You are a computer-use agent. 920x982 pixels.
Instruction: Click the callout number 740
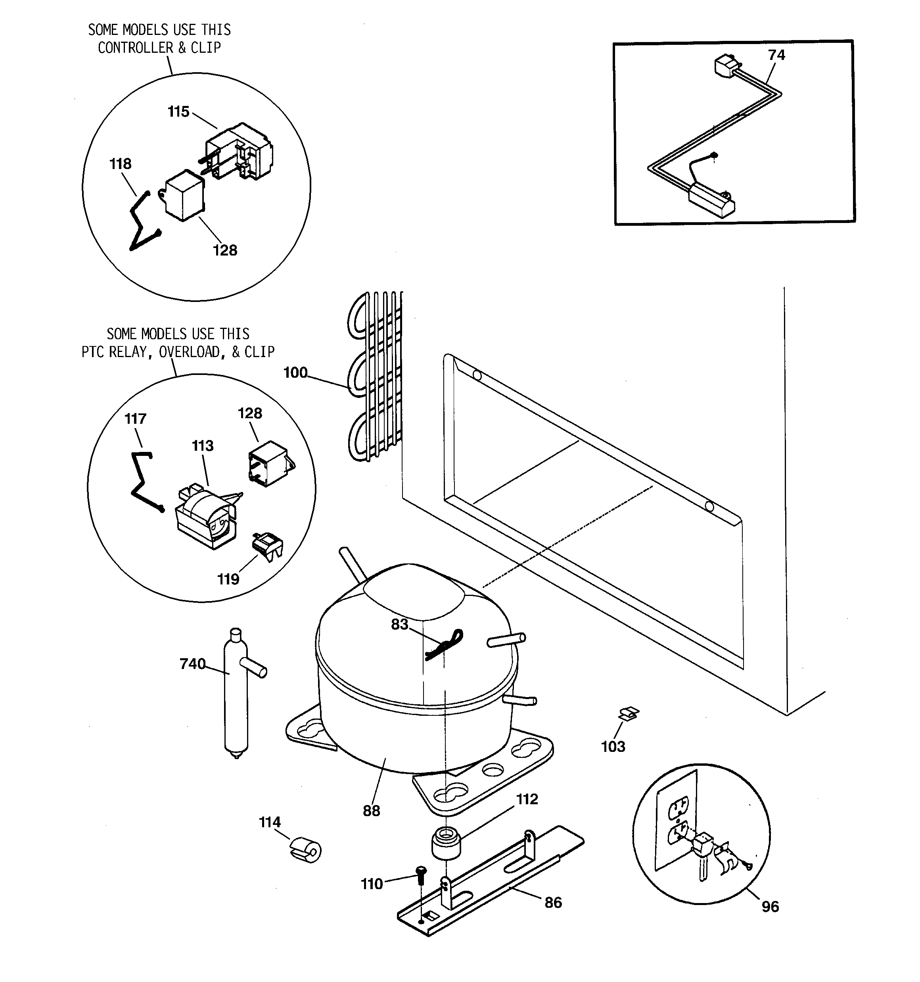[x=192, y=663]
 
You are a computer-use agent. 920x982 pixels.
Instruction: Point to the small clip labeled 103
[x=629, y=714]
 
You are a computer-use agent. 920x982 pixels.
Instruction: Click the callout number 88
[x=371, y=811]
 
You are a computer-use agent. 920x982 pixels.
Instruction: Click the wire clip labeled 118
[x=143, y=221]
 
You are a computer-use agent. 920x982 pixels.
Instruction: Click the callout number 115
[x=178, y=111]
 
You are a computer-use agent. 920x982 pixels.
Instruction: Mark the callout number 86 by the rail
[x=553, y=903]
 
